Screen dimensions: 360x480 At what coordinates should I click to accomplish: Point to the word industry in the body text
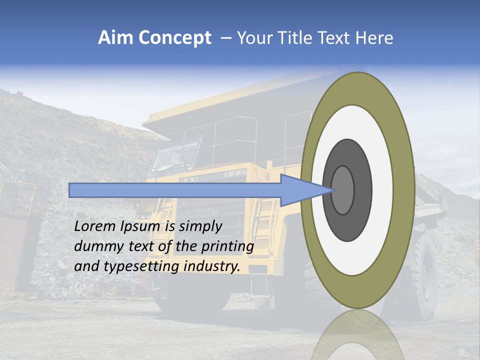pos(212,266)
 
